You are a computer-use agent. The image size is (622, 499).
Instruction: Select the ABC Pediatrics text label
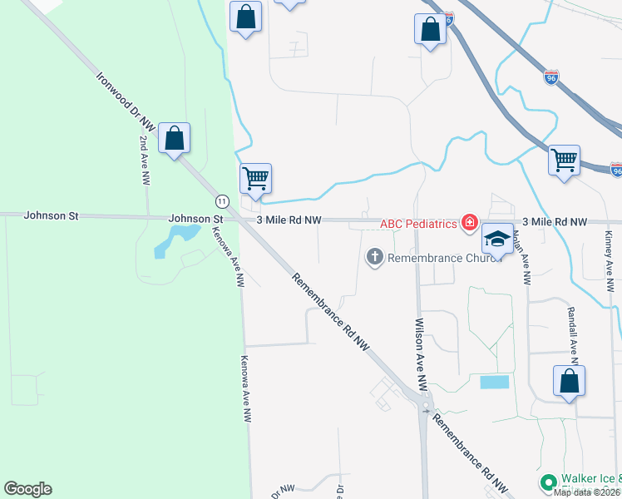tap(419, 223)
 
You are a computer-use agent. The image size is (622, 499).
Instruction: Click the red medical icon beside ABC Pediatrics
tap(470, 223)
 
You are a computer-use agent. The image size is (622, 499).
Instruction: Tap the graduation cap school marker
tap(497, 240)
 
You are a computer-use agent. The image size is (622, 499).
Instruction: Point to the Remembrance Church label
tap(441, 257)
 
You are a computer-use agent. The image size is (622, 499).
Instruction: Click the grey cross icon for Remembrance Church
tap(374, 257)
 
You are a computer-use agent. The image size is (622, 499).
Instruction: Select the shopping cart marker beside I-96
tap(565, 159)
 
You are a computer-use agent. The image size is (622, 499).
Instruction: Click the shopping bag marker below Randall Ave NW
tap(569, 382)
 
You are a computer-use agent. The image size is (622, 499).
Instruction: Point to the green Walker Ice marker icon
tap(548, 482)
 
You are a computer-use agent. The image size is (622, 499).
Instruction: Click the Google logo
tap(27, 489)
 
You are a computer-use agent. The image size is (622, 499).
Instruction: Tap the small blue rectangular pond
tap(494, 382)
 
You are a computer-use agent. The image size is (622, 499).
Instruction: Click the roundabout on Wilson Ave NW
tap(426, 408)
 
